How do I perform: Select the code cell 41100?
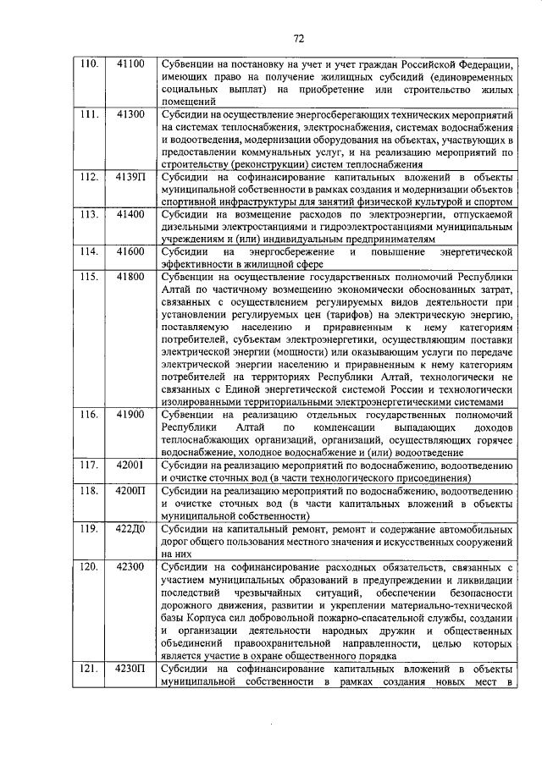[x=130, y=63]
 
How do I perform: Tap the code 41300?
[x=130, y=113]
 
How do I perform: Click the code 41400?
[x=130, y=214]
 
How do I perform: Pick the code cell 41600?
[x=130, y=251]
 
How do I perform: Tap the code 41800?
[x=130, y=277]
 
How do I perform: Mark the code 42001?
[x=130, y=465]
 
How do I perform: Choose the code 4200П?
[x=131, y=490]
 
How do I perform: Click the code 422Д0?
[x=131, y=528]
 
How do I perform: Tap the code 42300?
[x=130, y=565]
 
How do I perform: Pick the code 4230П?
[x=131, y=670]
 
